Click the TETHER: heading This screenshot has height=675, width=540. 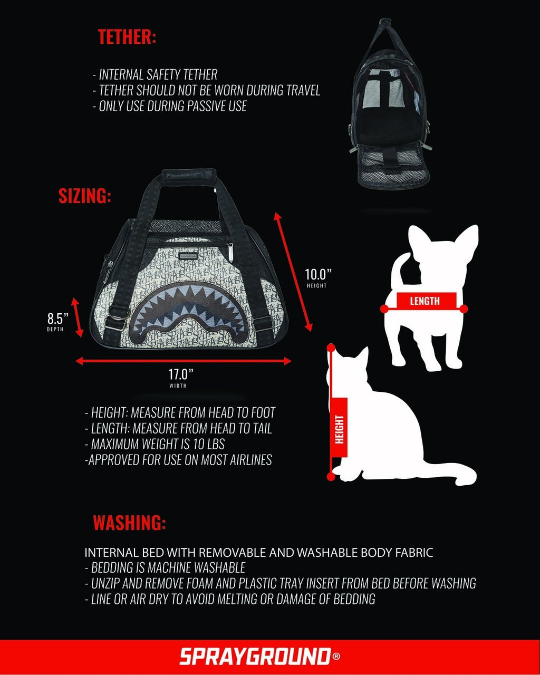pos(127,37)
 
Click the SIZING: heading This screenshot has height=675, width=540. pos(84,196)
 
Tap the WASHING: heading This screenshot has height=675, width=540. pos(129,523)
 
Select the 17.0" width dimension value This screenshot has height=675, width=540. pos(181,374)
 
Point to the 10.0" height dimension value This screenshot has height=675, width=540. pos(318,275)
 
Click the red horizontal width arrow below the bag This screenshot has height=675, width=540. pos(183,361)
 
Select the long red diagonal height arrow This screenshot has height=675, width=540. pos(294,272)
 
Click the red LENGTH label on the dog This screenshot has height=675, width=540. pos(425,301)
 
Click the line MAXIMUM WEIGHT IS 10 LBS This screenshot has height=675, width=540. pos(158,443)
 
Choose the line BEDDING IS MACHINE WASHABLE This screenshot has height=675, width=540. pos(168,568)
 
